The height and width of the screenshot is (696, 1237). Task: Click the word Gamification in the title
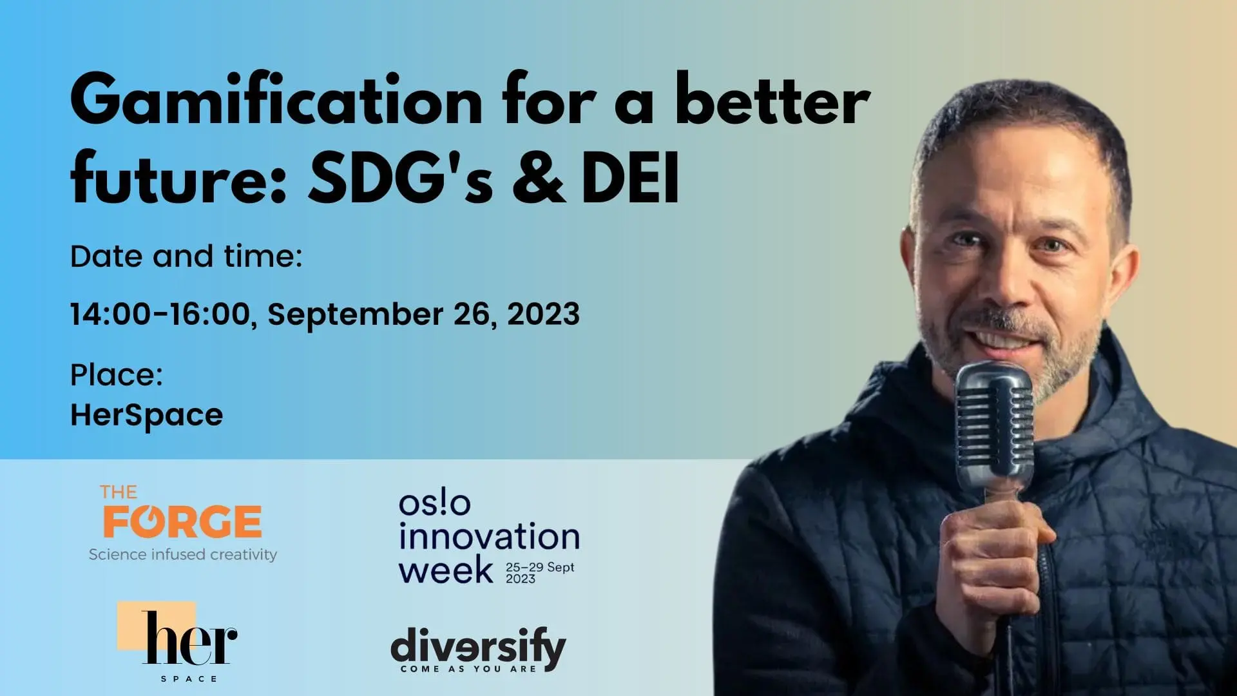(x=276, y=101)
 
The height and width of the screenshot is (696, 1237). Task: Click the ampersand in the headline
(x=539, y=176)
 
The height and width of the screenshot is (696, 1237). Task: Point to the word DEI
(x=630, y=176)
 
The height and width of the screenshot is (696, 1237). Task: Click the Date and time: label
(x=186, y=256)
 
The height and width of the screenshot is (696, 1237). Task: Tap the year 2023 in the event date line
(x=543, y=314)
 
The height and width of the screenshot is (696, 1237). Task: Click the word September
(x=356, y=315)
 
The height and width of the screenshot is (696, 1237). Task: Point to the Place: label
(x=117, y=375)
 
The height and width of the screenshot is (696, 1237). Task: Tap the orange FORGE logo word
(x=182, y=521)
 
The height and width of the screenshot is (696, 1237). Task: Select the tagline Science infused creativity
(x=183, y=554)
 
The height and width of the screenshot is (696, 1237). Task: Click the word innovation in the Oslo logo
(x=489, y=536)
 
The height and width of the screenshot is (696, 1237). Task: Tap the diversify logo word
(x=478, y=646)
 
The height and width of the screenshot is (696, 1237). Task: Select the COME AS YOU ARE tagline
(x=468, y=669)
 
